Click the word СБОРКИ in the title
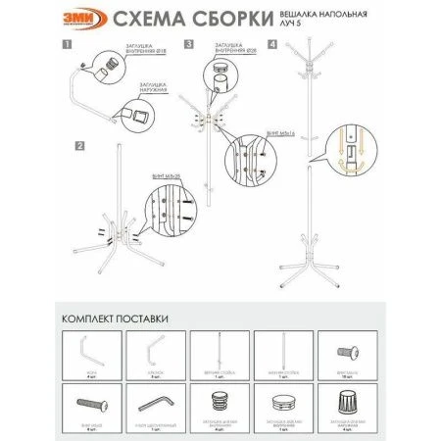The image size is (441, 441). tap(224, 20)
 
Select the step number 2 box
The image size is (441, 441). tap(77, 146)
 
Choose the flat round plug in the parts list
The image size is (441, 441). tap(284, 402)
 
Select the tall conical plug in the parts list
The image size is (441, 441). tap(350, 402)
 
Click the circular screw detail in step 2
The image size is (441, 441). tap(159, 216)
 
